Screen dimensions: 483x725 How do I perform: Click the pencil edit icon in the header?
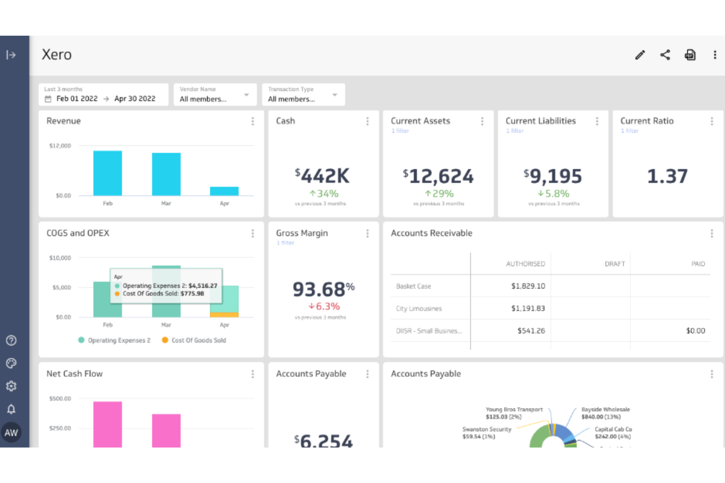(640, 55)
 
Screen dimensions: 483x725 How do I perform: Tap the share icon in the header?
(665, 55)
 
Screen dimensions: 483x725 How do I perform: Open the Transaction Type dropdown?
(303, 94)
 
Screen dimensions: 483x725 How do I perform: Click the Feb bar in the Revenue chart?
(108, 173)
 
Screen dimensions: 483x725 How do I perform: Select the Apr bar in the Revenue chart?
(224, 191)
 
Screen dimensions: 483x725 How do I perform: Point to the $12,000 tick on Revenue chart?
(60, 146)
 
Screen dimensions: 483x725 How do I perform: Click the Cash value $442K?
(322, 176)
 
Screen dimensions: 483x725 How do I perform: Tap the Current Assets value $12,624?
(438, 176)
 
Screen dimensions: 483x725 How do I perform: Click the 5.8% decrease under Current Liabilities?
(554, 194)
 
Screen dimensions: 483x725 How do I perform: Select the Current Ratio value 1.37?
(667, 176)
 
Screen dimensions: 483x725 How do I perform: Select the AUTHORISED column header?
(525, 264)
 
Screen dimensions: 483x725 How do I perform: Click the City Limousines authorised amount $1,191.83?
(528, 308)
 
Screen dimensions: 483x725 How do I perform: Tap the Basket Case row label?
(413, 286)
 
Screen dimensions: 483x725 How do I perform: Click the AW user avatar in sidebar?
(11, 433)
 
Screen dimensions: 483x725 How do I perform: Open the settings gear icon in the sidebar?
(11, 386)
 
